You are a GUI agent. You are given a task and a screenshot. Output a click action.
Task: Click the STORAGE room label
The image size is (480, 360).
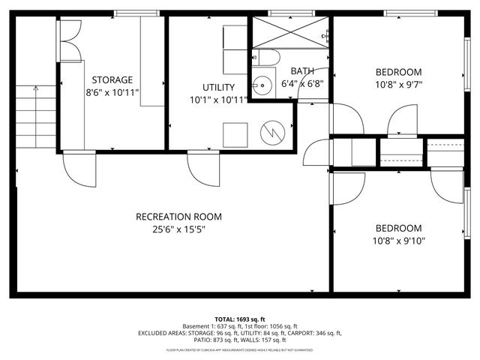click(x=112, y=79)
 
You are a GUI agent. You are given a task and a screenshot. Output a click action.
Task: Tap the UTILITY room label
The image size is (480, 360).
click(x=217, y=87)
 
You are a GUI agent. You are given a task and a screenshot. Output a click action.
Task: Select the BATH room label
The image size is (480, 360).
click(x=302, y=70)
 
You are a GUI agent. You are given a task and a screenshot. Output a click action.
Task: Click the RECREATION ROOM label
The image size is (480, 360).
click(x=178, y=217)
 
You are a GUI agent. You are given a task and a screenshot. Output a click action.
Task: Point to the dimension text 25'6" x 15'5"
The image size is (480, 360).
click(x=178, y=229)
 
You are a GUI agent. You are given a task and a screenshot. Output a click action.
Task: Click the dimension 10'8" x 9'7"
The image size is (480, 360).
click(x=398, y=84)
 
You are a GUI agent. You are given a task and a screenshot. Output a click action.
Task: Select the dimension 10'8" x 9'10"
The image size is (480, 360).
click(x=398, y=241)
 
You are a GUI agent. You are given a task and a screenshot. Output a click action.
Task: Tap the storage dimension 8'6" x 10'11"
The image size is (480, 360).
click(x=112, y=92)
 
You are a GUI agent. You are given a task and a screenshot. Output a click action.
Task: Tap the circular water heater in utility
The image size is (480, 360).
click(x=271, y=133)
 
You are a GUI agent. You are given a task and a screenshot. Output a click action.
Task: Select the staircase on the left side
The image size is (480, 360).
click(x=36, y=116)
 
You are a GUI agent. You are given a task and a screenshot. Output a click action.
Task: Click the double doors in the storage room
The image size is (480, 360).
click(x=67, y=41)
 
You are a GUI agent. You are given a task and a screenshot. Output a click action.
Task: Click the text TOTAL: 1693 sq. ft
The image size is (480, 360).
click(x=240, y=319)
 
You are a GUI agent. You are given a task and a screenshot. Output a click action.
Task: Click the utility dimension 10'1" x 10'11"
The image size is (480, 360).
click(x=217, y=100)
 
